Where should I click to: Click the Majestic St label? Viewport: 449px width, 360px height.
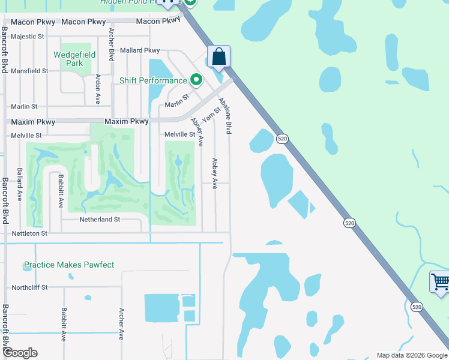click(x=28, y=37)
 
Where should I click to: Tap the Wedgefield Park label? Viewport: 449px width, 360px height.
click(x=76, y=59)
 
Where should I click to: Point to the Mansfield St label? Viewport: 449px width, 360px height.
click(x=29, y=71)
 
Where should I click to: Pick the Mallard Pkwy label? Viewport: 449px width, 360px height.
click(x=140, y=51)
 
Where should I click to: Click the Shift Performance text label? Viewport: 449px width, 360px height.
click(x=153, y=80)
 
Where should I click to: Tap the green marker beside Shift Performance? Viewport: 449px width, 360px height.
click(x=196, y=79)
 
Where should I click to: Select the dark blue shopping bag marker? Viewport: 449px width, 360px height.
click(x=219, y=57)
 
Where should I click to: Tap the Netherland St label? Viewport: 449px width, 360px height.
click(x=100, y=220)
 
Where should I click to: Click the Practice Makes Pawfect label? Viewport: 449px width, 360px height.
click(x=69, y=265)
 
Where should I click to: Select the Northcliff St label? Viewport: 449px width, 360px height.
click(x=29, y=287)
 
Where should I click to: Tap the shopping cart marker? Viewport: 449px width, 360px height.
click(x=440, y=281)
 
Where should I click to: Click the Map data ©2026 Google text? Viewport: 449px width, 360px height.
click(x=411, y=355)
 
